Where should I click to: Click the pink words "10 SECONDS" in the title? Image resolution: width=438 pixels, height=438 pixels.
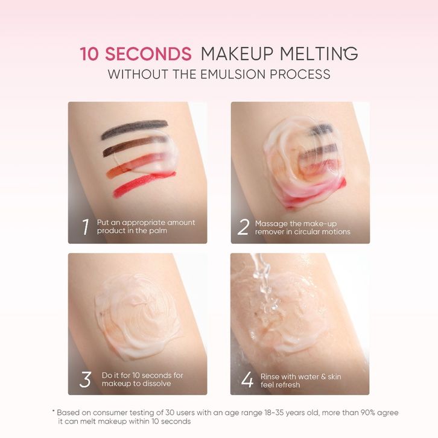pos(136,54)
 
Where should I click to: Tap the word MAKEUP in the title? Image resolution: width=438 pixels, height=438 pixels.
pos(237,54)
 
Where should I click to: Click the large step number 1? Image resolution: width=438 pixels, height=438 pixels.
pos(86,227)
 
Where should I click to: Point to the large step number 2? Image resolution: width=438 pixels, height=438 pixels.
pos(243,227)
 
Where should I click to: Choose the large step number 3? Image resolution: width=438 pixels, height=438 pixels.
pos(85,379)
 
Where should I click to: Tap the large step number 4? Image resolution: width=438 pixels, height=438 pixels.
pos(247,379)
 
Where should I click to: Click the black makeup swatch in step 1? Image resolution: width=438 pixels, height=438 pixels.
pos(135,129)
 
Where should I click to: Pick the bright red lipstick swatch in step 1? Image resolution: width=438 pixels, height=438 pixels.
pos(144,185)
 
